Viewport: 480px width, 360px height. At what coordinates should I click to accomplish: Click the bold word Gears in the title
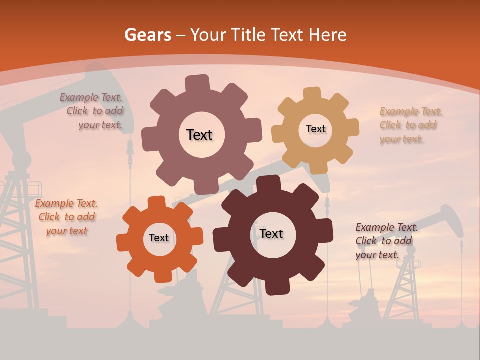[147, 35]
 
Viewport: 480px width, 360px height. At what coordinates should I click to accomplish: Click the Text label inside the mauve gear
[199, 135]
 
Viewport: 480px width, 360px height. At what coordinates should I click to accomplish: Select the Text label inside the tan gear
[315, 129]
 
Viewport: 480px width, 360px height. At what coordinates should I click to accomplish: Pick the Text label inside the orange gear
[159, 238]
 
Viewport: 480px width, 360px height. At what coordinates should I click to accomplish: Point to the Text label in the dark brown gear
[271, 233]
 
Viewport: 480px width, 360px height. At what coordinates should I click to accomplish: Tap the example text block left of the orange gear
[66, 217]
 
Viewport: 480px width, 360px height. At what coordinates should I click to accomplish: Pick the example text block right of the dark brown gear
[386, 241]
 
